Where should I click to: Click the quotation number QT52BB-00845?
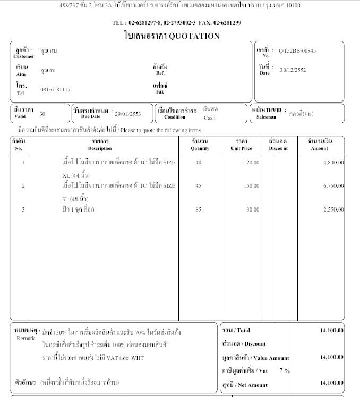(x=297, y=51)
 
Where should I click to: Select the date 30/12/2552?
(x=293, y=70)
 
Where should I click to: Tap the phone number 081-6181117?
(x=55, y=89)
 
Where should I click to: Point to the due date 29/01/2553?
(x=128, y=113)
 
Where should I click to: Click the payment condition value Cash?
(x=210, y=118)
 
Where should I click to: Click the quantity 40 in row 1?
(x=199, y=162)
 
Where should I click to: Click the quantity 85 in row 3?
(x=199, y=209)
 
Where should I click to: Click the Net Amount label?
(x=245, y=384)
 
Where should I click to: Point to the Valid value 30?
(x=42, y=114)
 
